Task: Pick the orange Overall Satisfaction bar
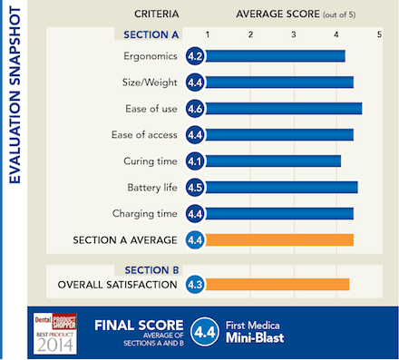click(x=277, y=285)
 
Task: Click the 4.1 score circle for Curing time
click(x=194, y=161)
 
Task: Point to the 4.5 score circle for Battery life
click(x=194, y=188)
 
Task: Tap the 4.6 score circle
click(x=194, y=109)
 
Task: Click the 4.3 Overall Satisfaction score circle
click(x=194, y=285)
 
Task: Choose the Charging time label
click(x=145, y=214)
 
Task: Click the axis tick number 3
click(x=294, y=34)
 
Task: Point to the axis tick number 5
click(x=379, y=34)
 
